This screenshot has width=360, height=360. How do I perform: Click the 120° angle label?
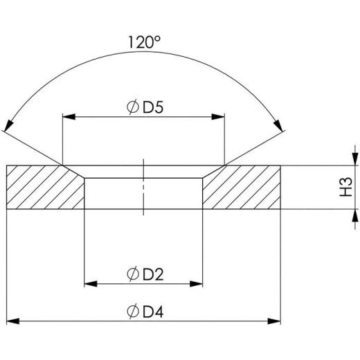click(x=144, y=42)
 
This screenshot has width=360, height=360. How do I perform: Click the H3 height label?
click(x=345, y=187)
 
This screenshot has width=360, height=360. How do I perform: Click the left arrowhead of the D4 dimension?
click(x=12, y=321)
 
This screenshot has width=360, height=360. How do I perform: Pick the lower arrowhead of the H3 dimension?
click(x=354, y=217)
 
